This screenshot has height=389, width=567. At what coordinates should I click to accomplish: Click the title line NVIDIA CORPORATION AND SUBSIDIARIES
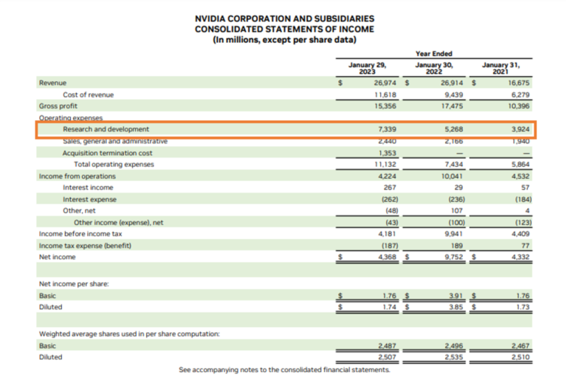pos(283,18)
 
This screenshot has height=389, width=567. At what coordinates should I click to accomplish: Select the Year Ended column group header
pos(434,53)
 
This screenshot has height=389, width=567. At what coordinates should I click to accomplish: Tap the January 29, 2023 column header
pos(367,69)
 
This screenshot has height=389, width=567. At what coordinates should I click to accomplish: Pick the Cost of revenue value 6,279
pos(520,94)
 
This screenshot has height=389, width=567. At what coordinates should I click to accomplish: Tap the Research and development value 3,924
pos(518,129)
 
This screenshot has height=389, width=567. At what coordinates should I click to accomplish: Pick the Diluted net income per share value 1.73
pos(522,306)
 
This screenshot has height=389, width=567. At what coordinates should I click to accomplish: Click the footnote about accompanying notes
pos(283,370)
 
